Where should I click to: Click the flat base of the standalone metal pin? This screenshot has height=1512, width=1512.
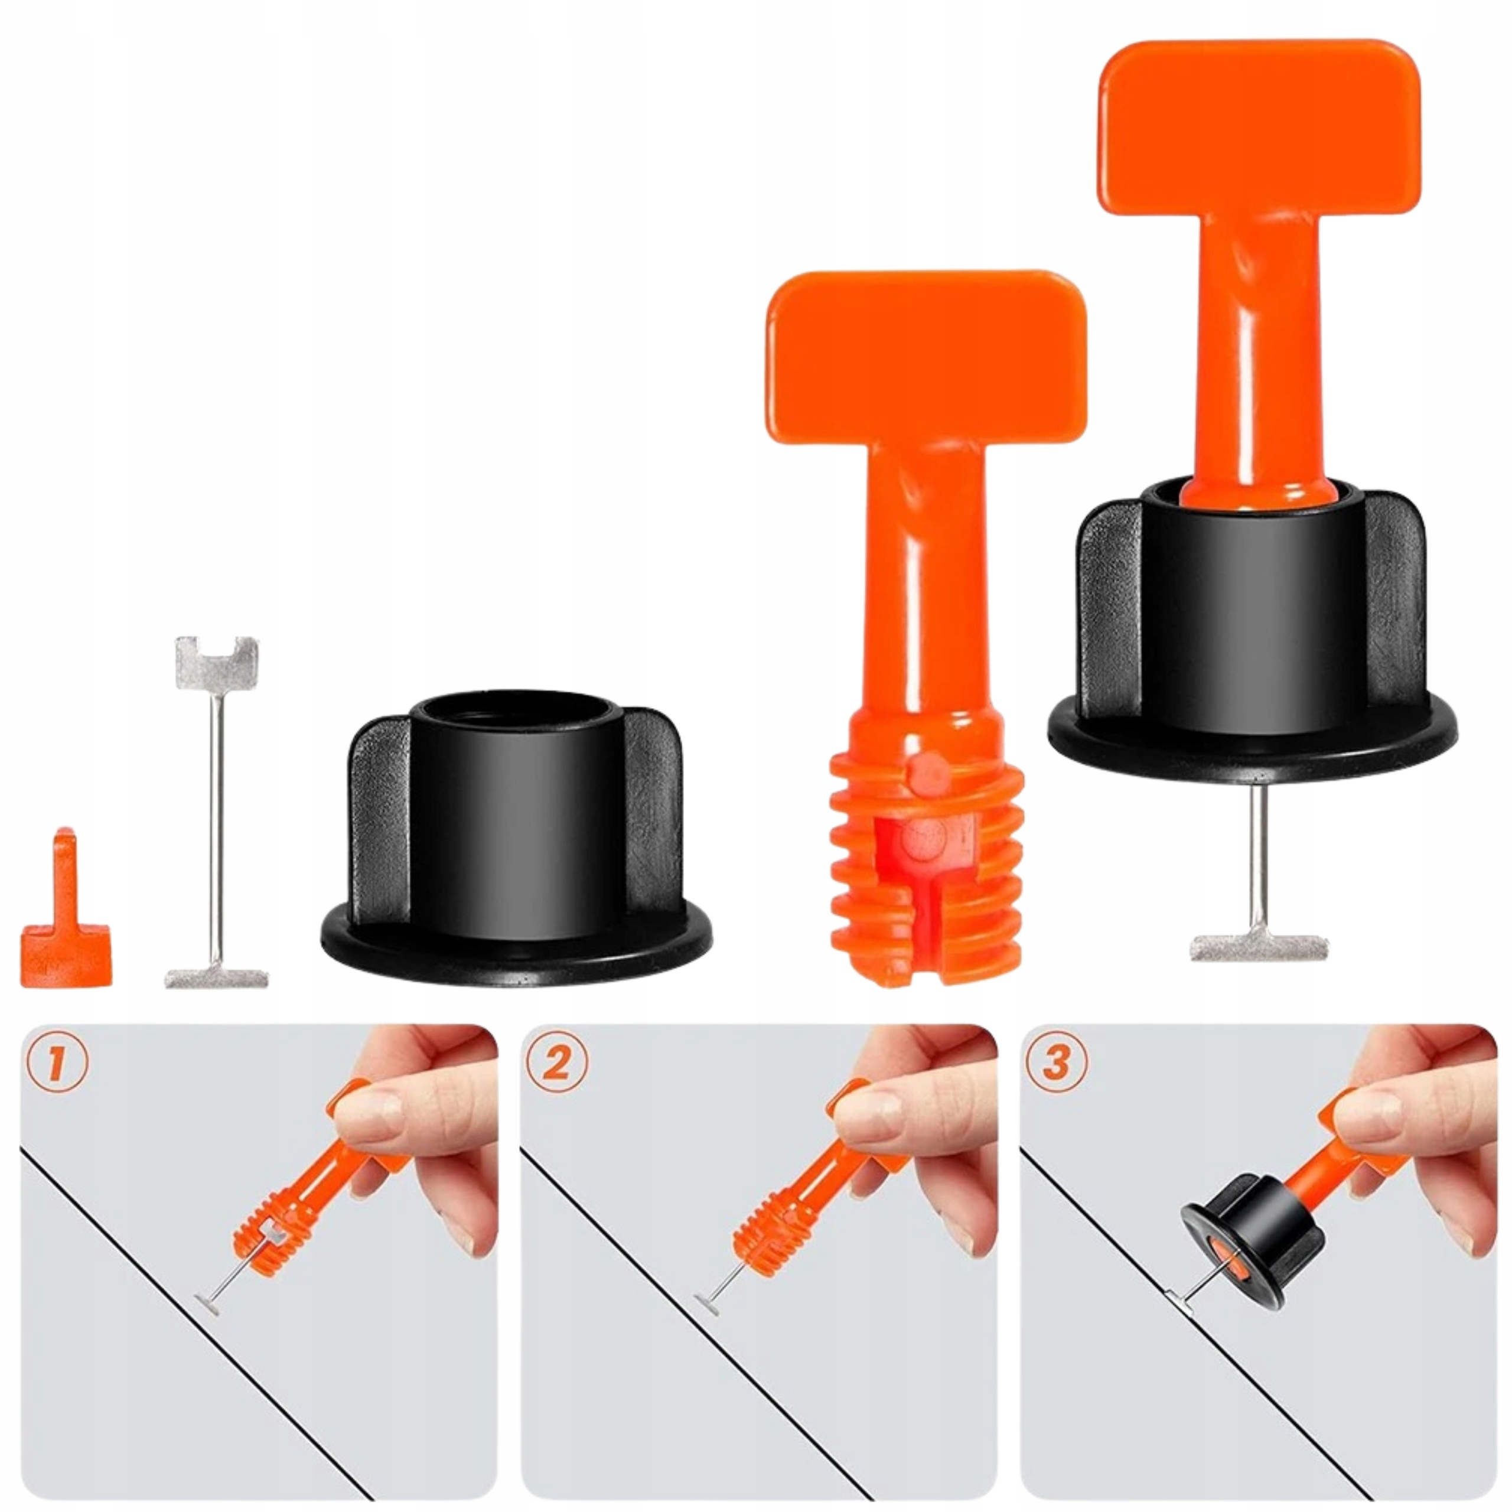coord(217,977)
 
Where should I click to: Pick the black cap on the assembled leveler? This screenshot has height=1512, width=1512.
coord(1252,626)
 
